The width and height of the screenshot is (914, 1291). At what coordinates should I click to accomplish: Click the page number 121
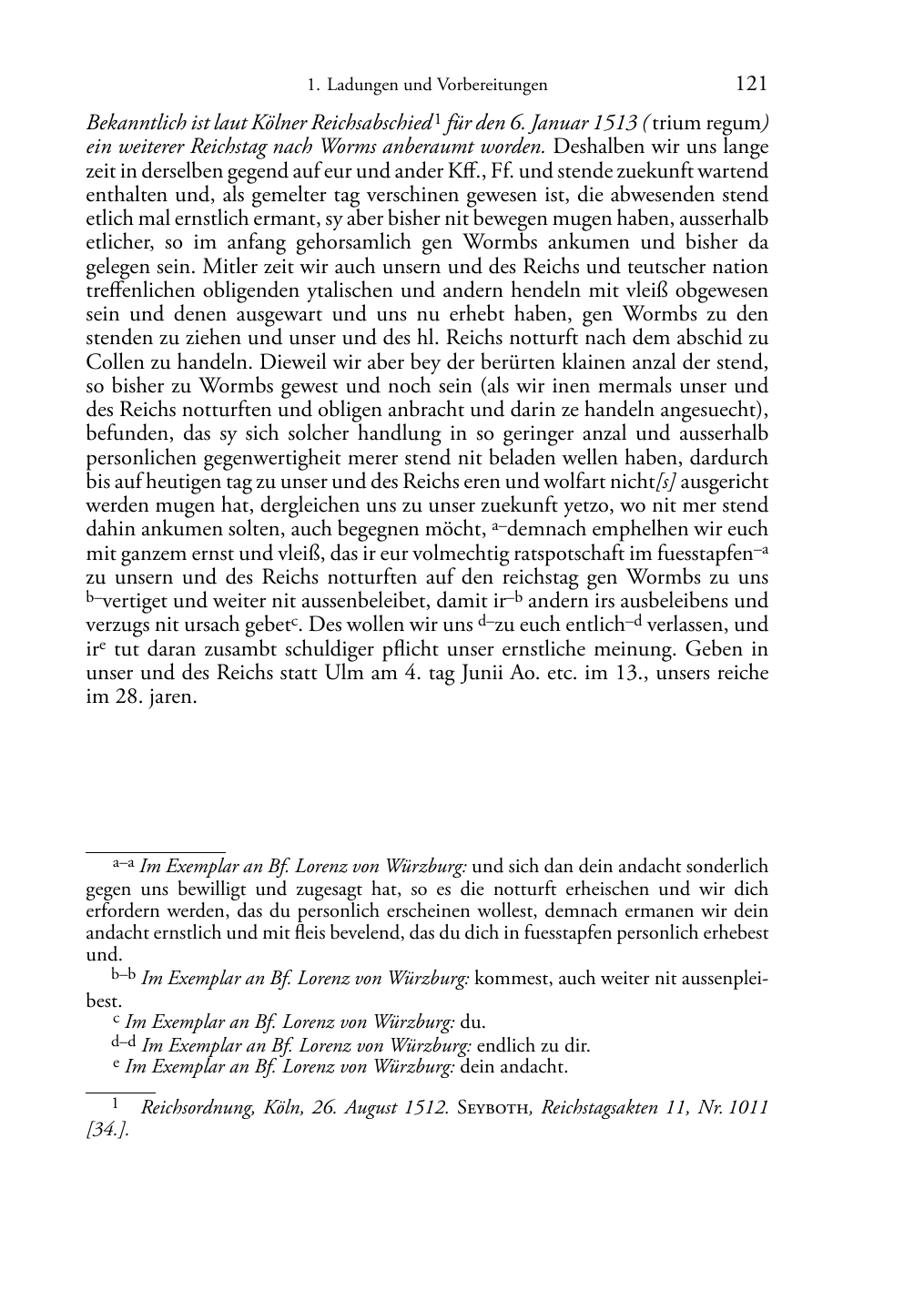point(750,84)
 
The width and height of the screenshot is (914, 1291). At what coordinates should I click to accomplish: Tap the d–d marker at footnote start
point(124,1042)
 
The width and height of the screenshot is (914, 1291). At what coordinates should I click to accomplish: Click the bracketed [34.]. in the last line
point(107,1131)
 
